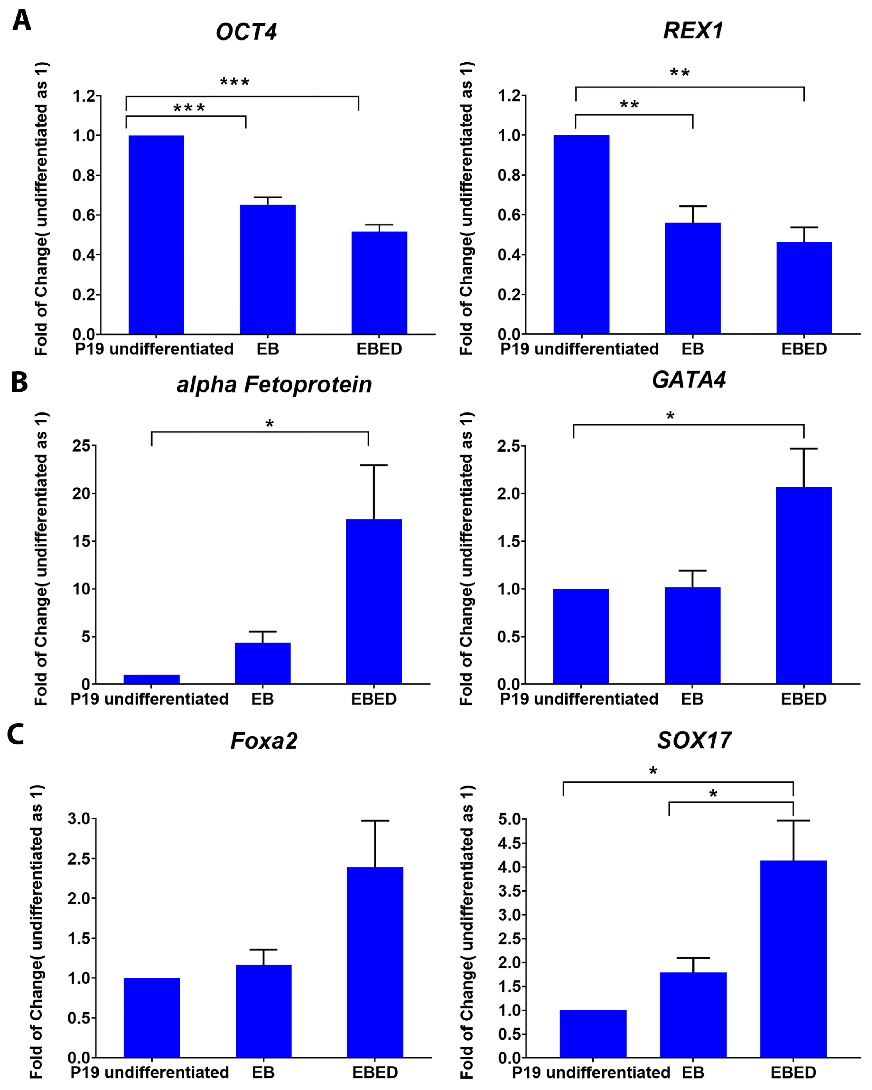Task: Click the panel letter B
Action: tap(19, 383)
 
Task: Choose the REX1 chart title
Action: tap(693, 31)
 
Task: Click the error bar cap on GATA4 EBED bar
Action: tap(803, 449)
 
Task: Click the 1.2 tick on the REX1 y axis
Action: tap(509, 95)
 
